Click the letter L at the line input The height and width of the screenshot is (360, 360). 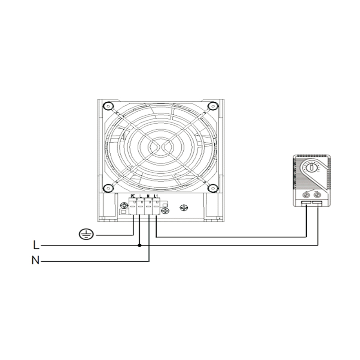(x=36, y=246)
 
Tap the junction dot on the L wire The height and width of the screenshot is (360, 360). (x=140, y=246)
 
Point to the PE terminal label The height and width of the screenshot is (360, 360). (x=133, y=196)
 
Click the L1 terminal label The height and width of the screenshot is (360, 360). (x=156, y=196)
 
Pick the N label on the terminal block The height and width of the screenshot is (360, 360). (x=148, y=196)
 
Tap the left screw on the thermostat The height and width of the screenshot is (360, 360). (x=307, y=195)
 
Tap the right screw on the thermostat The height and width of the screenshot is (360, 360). (x=318, y=195)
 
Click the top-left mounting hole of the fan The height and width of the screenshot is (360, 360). (x=107, y=106)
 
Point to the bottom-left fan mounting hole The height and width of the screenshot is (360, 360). (x=107, y=189)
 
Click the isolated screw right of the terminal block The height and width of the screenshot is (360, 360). (x=183, y=207)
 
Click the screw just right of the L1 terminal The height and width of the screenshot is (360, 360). (x=164, y=210)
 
